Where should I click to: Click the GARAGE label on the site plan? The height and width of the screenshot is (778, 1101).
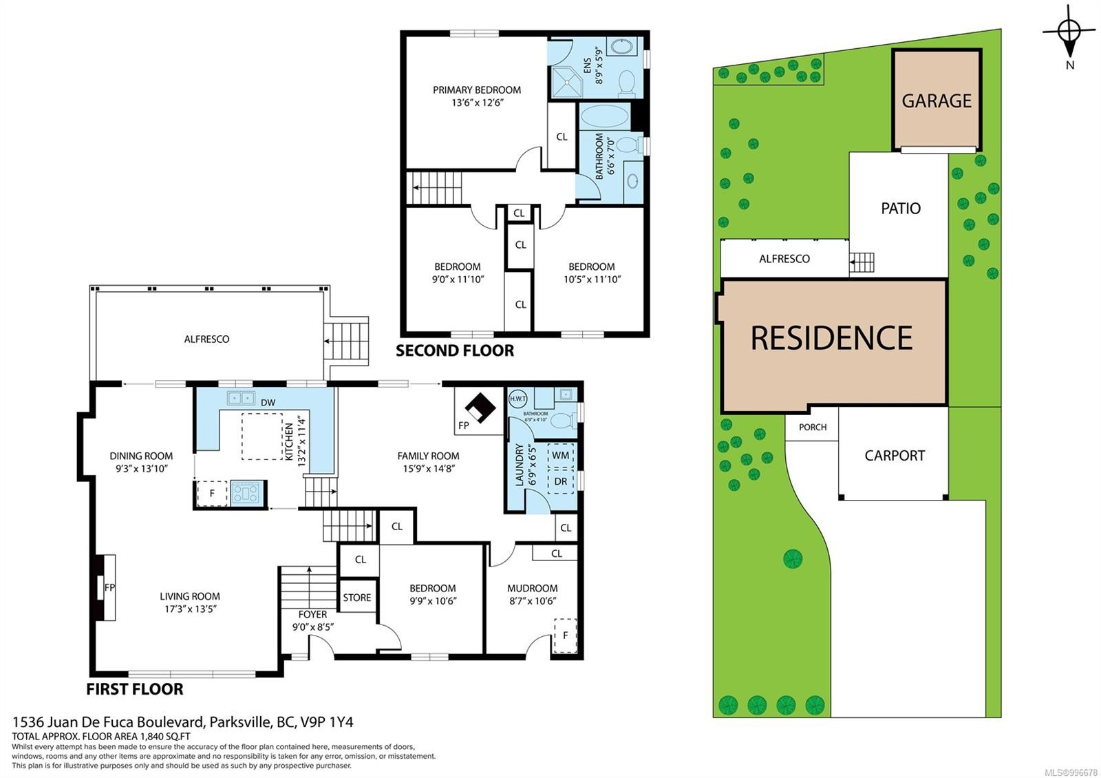[x=936, y=101]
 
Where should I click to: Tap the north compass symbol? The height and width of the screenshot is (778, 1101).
[x=1069, y=32]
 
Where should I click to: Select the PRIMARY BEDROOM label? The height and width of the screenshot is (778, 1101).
[x=476, y=90]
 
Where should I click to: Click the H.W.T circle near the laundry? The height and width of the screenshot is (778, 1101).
[x=517, y=398]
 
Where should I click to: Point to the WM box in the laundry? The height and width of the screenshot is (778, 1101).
[x=560, y=456]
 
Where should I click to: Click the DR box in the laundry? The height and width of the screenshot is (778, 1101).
[x=560, y=481]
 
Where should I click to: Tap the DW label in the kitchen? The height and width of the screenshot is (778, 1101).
[x=268, y=403]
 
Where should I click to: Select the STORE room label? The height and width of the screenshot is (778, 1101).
[x=356, y=598]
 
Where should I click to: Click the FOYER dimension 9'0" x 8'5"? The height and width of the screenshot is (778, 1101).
[x=312, y=627]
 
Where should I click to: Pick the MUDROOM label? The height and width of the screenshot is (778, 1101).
[x=532, y=588]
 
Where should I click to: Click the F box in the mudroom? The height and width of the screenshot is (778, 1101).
[x=565, y=635]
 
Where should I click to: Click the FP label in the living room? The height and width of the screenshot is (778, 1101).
[x=109, y=588]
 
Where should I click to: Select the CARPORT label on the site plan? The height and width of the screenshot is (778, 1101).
[x=894, y=456]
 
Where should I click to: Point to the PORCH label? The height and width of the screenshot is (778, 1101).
[x=812, y=428]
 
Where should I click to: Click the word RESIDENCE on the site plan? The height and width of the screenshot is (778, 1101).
[x=831, y=338]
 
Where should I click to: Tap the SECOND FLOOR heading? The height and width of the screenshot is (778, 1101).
[x=454, y=350]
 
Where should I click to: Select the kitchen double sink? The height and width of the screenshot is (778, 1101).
[x=240, y=398]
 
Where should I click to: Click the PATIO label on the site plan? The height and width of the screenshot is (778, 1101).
[x=900, y=209]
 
